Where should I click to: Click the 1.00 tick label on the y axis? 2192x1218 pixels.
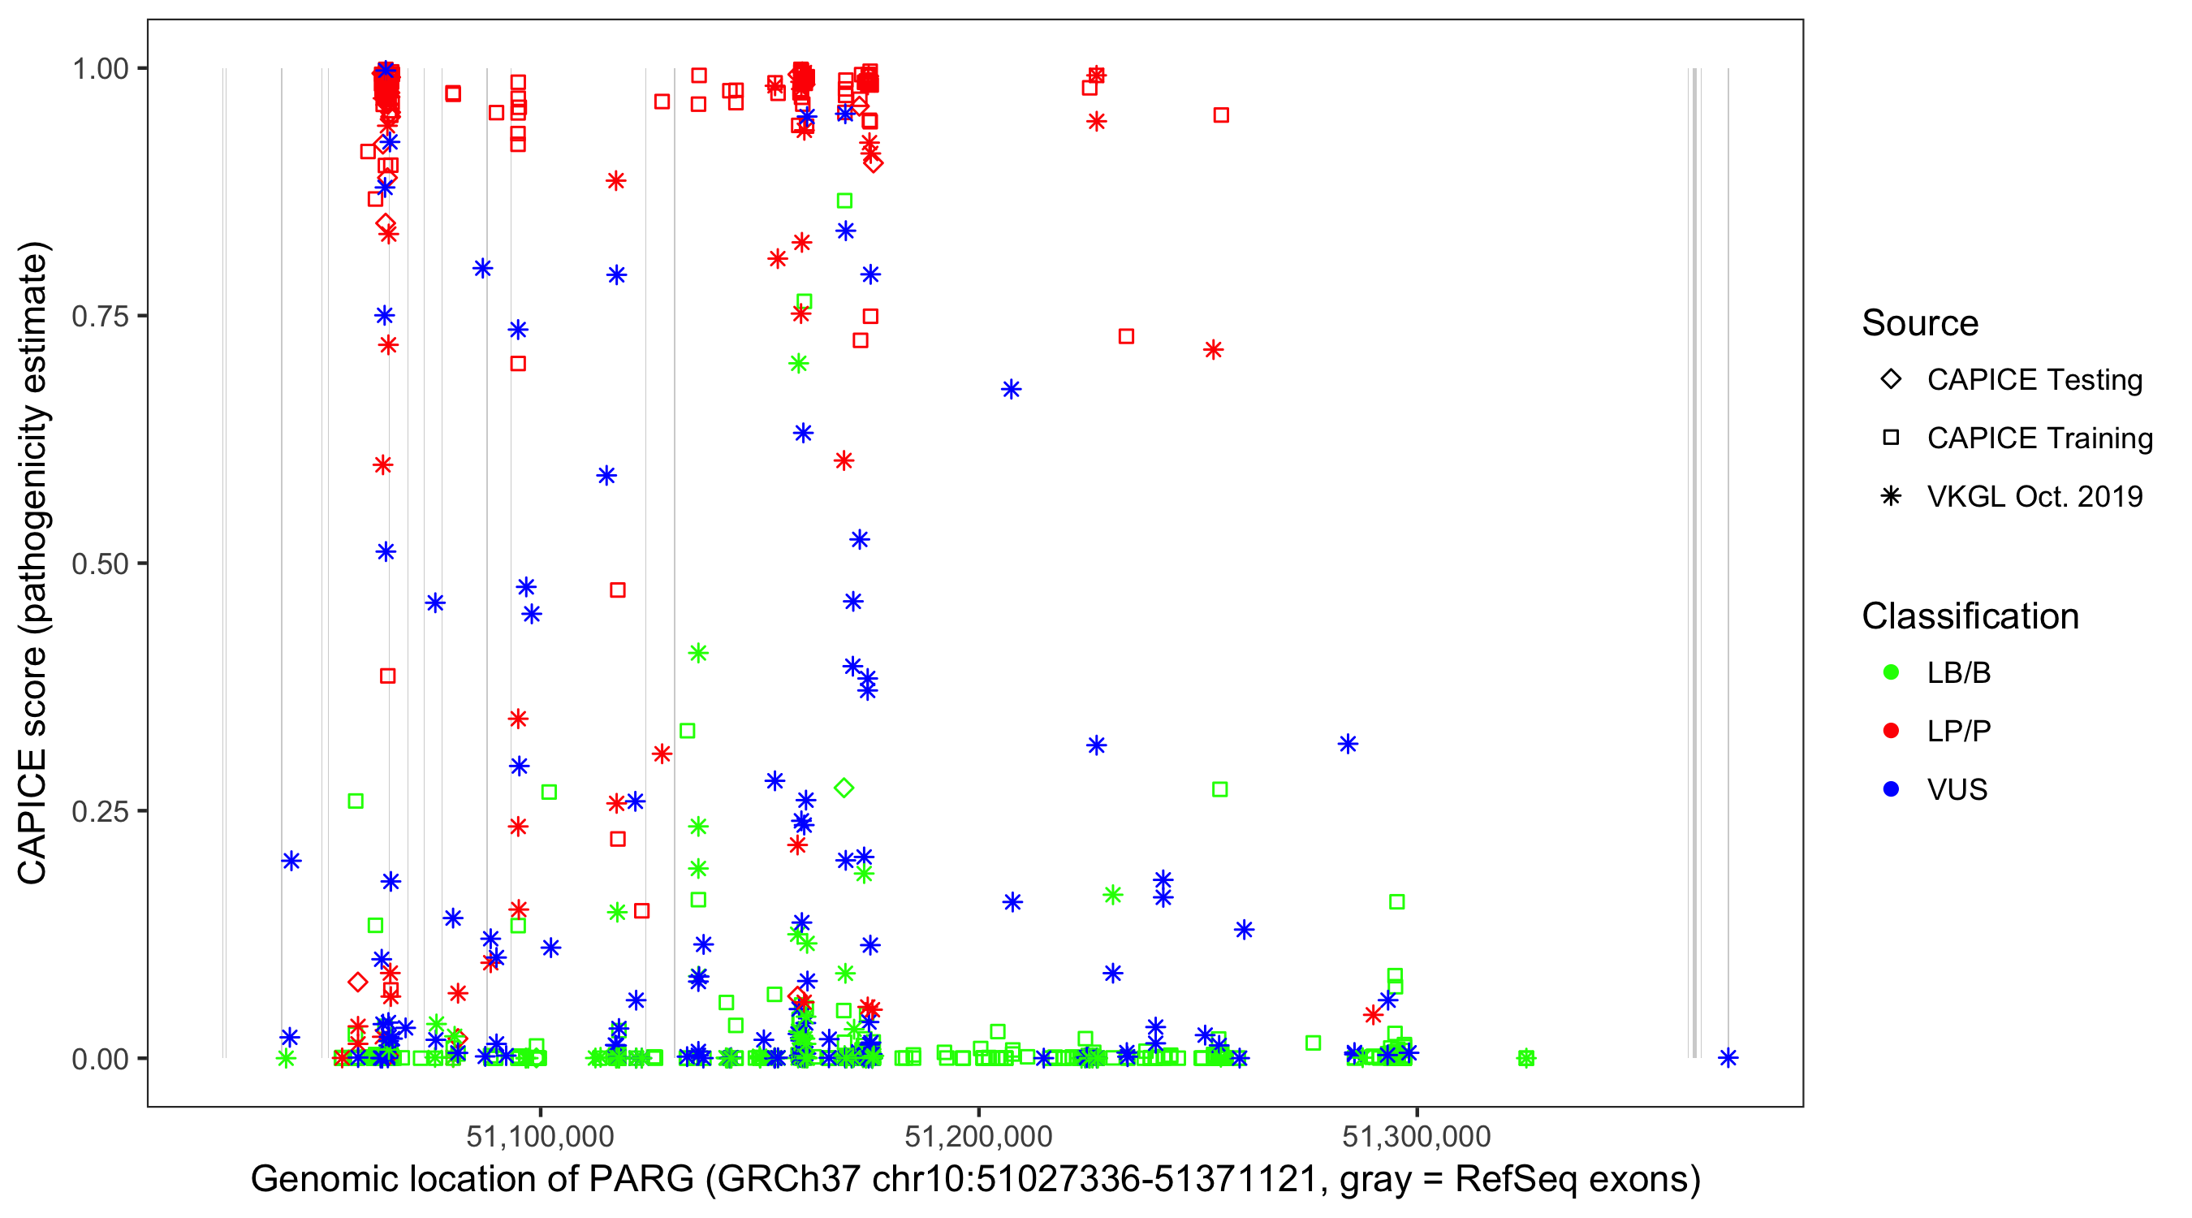pyautogui.click(x=100, y=68)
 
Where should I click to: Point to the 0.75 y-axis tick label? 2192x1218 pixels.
pyautogui.click(x=100, y=316)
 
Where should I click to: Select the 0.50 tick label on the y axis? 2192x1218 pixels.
pyautogui.click(x=100, y=564)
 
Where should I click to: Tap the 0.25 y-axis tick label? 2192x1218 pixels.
pyautogui.click(x=100, y=811)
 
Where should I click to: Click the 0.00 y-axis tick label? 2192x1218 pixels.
pyautogui.click(x=100, y=1059)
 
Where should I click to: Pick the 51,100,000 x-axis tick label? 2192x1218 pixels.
pyautogui.click(x=541, y=1136)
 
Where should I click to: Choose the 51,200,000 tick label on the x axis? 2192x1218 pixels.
pyautogui.click(x=978, y=1136)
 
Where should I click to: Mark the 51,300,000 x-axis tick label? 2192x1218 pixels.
pyautogui.click(x=1417, y=1136)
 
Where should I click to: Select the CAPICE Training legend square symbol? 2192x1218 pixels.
pyautogui.click(x=1891, y=438)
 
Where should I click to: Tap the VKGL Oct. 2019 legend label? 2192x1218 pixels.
pyautogui.click(x=2035, y=496)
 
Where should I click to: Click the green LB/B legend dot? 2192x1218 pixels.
pyautogui.click(x=1891, y=672)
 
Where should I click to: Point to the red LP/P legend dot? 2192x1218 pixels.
pyautogui.click(x=1891, y=731)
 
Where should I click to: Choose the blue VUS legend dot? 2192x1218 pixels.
pyautogui.click(x=1891, y=789)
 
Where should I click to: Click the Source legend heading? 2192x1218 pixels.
pyautogui.click(x=1920, y=323)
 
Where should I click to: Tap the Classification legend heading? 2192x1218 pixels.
pyautogui.click(x=1970, y=616)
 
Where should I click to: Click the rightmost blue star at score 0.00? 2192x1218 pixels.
pyautogui.click(x=1728, y=1058)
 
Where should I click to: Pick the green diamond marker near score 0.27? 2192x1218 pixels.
pyautogui.click(x=844, y=788)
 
